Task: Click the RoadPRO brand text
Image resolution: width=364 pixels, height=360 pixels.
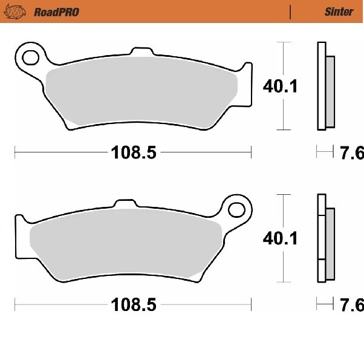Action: pos(57,12)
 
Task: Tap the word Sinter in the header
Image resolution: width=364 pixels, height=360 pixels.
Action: pos(339,11)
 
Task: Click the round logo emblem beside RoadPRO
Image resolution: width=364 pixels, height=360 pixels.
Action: pos(15,12)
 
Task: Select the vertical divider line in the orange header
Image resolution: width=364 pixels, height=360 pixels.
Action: pos(290,12)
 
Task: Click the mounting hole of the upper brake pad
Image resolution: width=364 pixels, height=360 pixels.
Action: pos(30,57)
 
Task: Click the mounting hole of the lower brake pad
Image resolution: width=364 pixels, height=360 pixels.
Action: pos(236,210)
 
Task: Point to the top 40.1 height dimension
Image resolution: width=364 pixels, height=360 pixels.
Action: pos(280,86)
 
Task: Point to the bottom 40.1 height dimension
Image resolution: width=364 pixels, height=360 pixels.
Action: pos(280,238)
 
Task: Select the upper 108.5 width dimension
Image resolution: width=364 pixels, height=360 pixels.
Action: pos(134,152)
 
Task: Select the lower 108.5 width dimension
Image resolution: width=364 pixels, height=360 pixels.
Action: pos(134,305)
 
